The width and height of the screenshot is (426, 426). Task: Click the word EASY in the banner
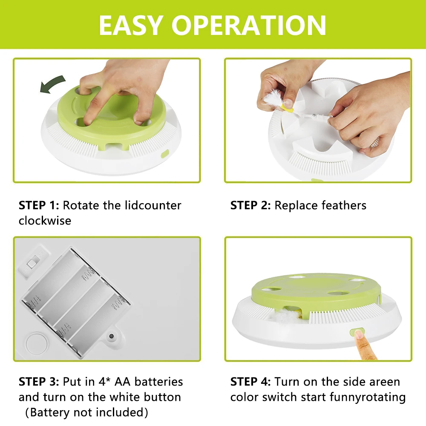pos(131,25)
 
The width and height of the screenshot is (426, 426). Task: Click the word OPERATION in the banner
pos(249,25)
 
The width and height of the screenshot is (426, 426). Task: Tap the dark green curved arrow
pos(52,84)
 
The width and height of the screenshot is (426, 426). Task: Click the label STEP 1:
pos(39,205)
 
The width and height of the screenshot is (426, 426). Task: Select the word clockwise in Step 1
pos(45,221)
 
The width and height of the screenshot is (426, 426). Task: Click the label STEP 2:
pos(250,205)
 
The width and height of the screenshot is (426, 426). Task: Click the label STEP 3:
pos(39,382)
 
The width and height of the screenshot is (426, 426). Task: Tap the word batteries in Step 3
pos(158,382)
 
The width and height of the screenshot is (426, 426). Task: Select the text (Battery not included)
pos(86,412)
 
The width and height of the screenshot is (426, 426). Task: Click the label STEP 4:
pos(250,382)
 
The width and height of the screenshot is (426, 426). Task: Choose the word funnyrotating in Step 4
pos(368,397)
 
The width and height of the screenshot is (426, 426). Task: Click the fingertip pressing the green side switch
pos(359,335)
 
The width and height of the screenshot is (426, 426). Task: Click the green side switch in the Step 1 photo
pos(165,154)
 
